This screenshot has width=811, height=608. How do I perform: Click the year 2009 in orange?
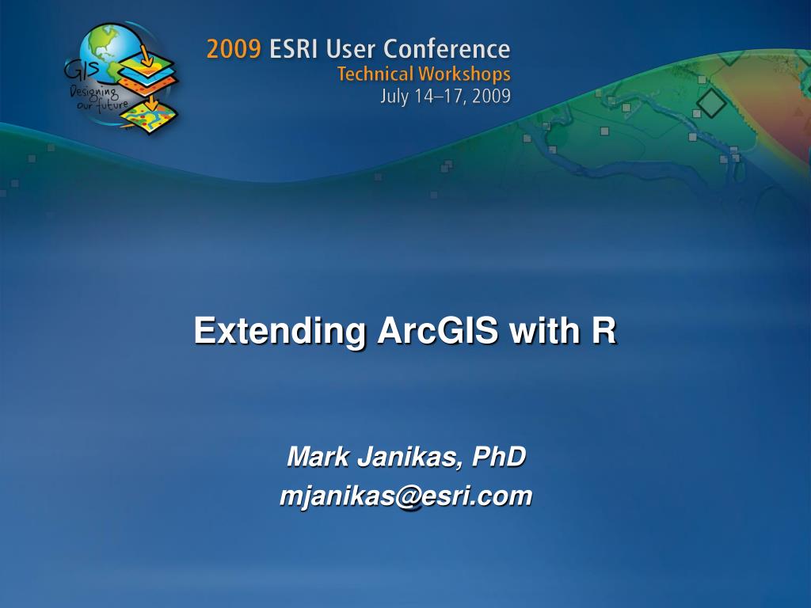coord(233,50)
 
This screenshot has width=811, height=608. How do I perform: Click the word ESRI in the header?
coord(295,50)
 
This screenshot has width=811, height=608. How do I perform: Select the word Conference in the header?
coord(447,50)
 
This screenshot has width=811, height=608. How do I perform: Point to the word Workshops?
coord(464,75)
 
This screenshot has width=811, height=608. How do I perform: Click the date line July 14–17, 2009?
coord(445,97)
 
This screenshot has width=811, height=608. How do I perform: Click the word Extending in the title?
coord(280,331)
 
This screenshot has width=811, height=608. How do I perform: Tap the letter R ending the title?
coord(604,331)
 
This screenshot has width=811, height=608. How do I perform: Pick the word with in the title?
coord(544,331)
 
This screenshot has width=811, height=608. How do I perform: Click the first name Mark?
coord(311,457)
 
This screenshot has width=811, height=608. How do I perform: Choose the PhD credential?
coord(499,457)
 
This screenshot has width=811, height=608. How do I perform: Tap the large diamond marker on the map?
coord(711,104)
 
